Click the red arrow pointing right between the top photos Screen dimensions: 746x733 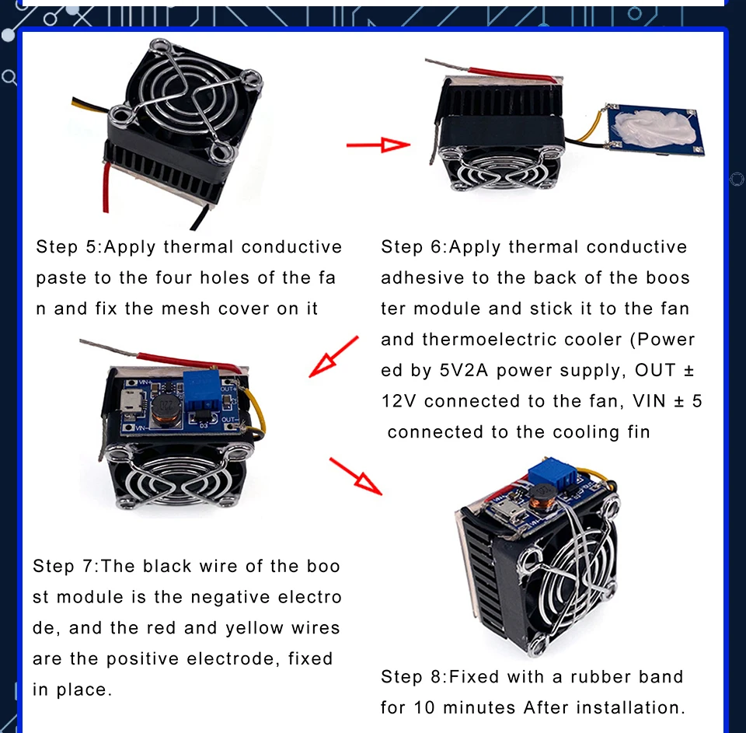(378, 145)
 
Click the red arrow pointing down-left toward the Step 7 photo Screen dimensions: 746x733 (333, 357)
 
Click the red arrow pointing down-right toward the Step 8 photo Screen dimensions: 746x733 (356, 476)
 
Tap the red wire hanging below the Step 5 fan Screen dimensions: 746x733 (106, 187)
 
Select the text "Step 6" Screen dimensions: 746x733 (412, 247)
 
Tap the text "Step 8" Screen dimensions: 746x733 (412, 676)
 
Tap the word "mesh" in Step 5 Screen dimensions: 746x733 (186, 309)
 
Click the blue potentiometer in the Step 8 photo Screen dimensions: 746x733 (552, 472)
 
